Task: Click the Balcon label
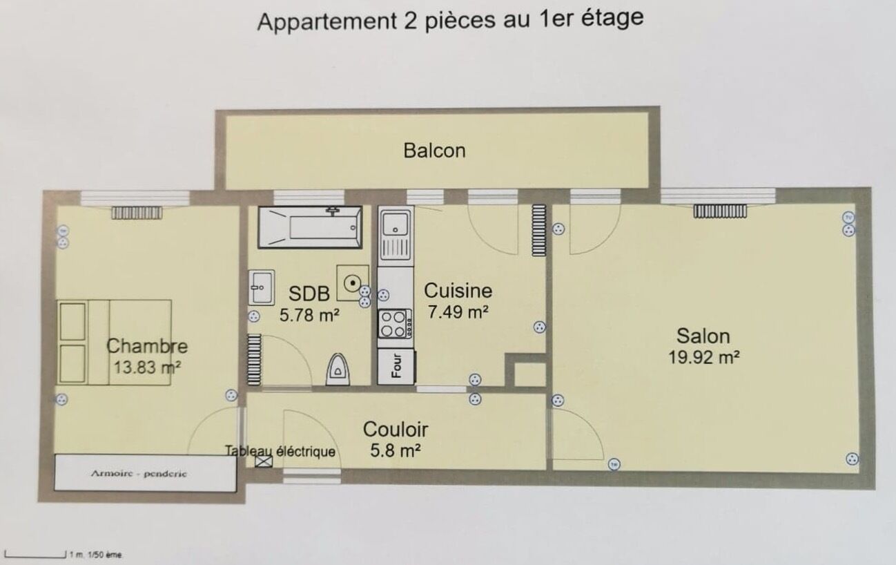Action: (x=434, y=150)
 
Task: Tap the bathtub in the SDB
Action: (x=310, y=227)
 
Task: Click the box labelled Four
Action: (x=397, y=367)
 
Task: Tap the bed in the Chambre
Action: (x=115, y=341)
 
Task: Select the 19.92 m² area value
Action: (x=703, y=356)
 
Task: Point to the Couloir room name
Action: (x=396, y=430)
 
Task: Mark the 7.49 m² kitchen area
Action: (x=458, y=312)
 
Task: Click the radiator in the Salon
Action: (x=720, y=211)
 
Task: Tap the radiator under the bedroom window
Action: (x=136, y=213)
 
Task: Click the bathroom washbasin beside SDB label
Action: (x=262, y=287)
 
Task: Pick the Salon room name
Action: (x=703, y=336)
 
